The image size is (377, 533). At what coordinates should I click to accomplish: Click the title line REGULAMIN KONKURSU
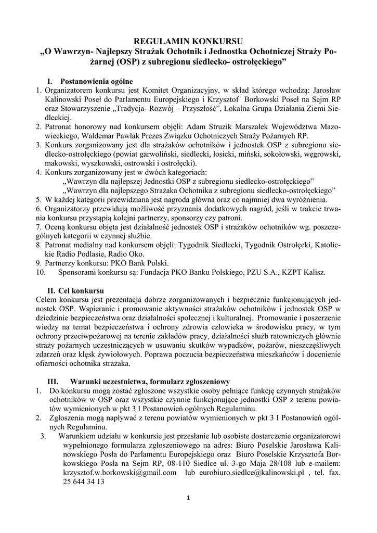pyautogui.click(x=188, y=41)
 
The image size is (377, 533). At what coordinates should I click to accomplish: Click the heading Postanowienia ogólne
pyautogui.click(x=97, y=81)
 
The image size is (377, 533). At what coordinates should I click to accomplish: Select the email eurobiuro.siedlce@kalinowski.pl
pyautogui.click(x=249, y=473)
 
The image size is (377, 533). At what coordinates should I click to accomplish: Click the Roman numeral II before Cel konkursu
pyautogui.click(x=52, y=290)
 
